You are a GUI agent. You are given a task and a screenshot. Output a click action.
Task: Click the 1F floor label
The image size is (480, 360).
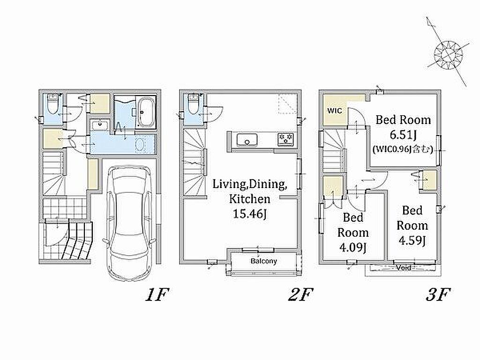pos(157,295)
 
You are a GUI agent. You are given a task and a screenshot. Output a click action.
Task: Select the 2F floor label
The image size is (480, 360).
pos(300,295)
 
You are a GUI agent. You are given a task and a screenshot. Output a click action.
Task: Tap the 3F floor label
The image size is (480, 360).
pos(438,295)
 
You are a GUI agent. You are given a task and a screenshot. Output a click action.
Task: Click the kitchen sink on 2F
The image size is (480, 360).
pos(247,140)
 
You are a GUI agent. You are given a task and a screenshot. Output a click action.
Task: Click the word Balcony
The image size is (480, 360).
pos(263,261)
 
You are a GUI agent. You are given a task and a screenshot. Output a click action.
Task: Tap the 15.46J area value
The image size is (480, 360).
pos(250,214)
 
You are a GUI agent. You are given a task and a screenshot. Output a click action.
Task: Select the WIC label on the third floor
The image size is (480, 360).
pos(335,111)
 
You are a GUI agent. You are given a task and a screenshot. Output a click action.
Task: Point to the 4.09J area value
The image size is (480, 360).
pos(352,247)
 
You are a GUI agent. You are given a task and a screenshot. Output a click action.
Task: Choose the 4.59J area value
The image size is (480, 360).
pos(412,240)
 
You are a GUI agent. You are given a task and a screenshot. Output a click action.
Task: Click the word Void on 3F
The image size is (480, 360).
pos(404,268)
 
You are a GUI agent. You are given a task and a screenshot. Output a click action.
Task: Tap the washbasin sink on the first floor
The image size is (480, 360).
pos(99,125)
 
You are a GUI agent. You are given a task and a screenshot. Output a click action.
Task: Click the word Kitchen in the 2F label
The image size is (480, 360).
pos(250,199)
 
